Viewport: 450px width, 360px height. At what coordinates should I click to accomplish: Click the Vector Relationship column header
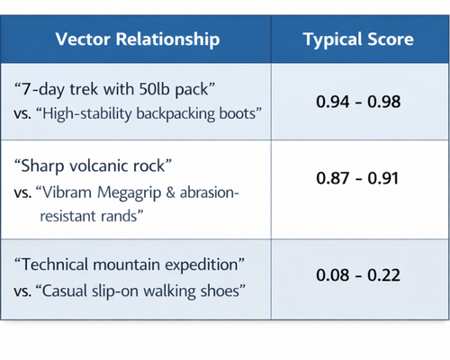137,40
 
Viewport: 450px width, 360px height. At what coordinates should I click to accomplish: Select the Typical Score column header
358,40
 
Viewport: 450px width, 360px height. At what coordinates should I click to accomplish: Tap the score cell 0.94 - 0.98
358,101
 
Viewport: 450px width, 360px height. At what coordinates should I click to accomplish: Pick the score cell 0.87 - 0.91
358,178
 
